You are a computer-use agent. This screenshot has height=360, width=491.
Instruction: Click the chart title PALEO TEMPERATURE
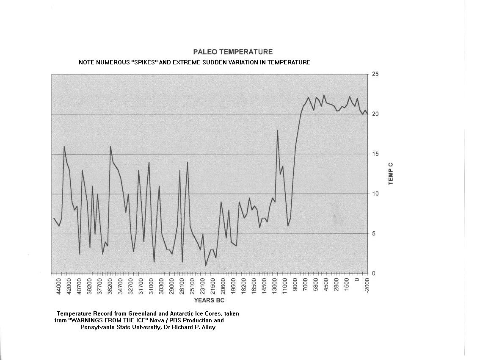click(233, 52)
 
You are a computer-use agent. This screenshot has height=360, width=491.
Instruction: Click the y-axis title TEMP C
click(391, 174)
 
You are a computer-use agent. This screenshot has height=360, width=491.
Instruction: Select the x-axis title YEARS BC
click(209, 300)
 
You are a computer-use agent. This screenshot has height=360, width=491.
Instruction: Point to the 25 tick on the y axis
click(375, 75)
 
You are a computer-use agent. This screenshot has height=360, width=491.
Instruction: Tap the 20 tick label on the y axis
click(375, 114)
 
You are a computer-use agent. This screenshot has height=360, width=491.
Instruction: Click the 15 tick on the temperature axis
click(375, 154)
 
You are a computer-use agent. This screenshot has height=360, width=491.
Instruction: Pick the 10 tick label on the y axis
click(375, 194)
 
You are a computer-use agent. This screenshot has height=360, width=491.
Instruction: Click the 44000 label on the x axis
click(58, 286)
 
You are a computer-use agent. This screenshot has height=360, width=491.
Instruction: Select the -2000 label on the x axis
click(367, 286)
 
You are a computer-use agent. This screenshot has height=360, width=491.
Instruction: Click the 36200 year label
click(110, 286)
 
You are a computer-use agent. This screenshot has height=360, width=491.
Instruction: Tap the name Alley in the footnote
click(207, 327)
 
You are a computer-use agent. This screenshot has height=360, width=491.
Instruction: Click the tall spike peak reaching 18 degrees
click(277, 130)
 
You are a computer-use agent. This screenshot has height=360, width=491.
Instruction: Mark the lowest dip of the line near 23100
click(205, 266)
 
